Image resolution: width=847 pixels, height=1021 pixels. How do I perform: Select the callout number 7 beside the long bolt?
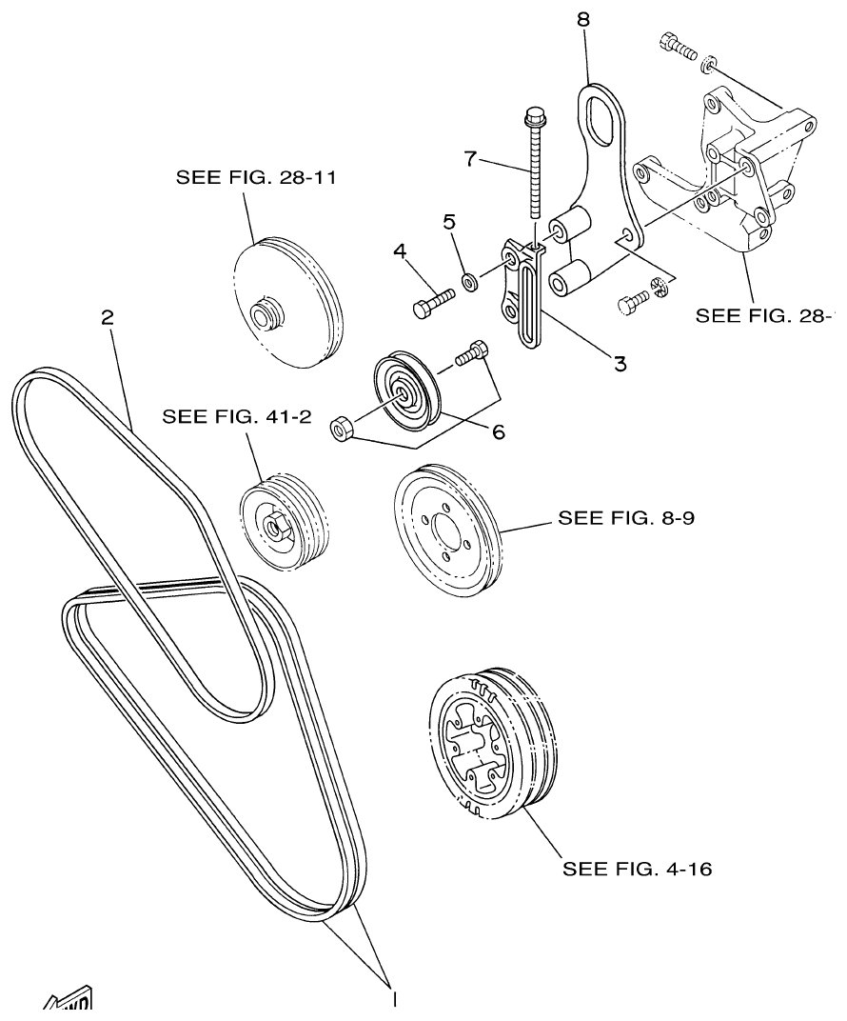click(469, 157)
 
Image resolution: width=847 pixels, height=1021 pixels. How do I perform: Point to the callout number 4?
click(401, 252)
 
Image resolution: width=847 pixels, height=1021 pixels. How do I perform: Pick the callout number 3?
click(620, 363)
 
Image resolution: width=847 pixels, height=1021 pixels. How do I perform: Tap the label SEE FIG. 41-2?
click(237, 416)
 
